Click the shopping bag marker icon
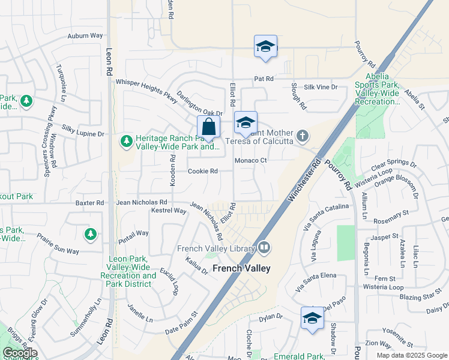(x=208, y=127)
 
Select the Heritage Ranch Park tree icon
(x=126, y=141)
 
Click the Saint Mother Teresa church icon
(x=303, y=136)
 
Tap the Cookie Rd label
(x=202, y=171)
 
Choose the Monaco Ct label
(x=250, y=160)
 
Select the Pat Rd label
(x=264, y=79)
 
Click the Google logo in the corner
(x=20, y=353)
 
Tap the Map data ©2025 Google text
(x=411, y=355)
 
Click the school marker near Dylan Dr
(x=312, y=318)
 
